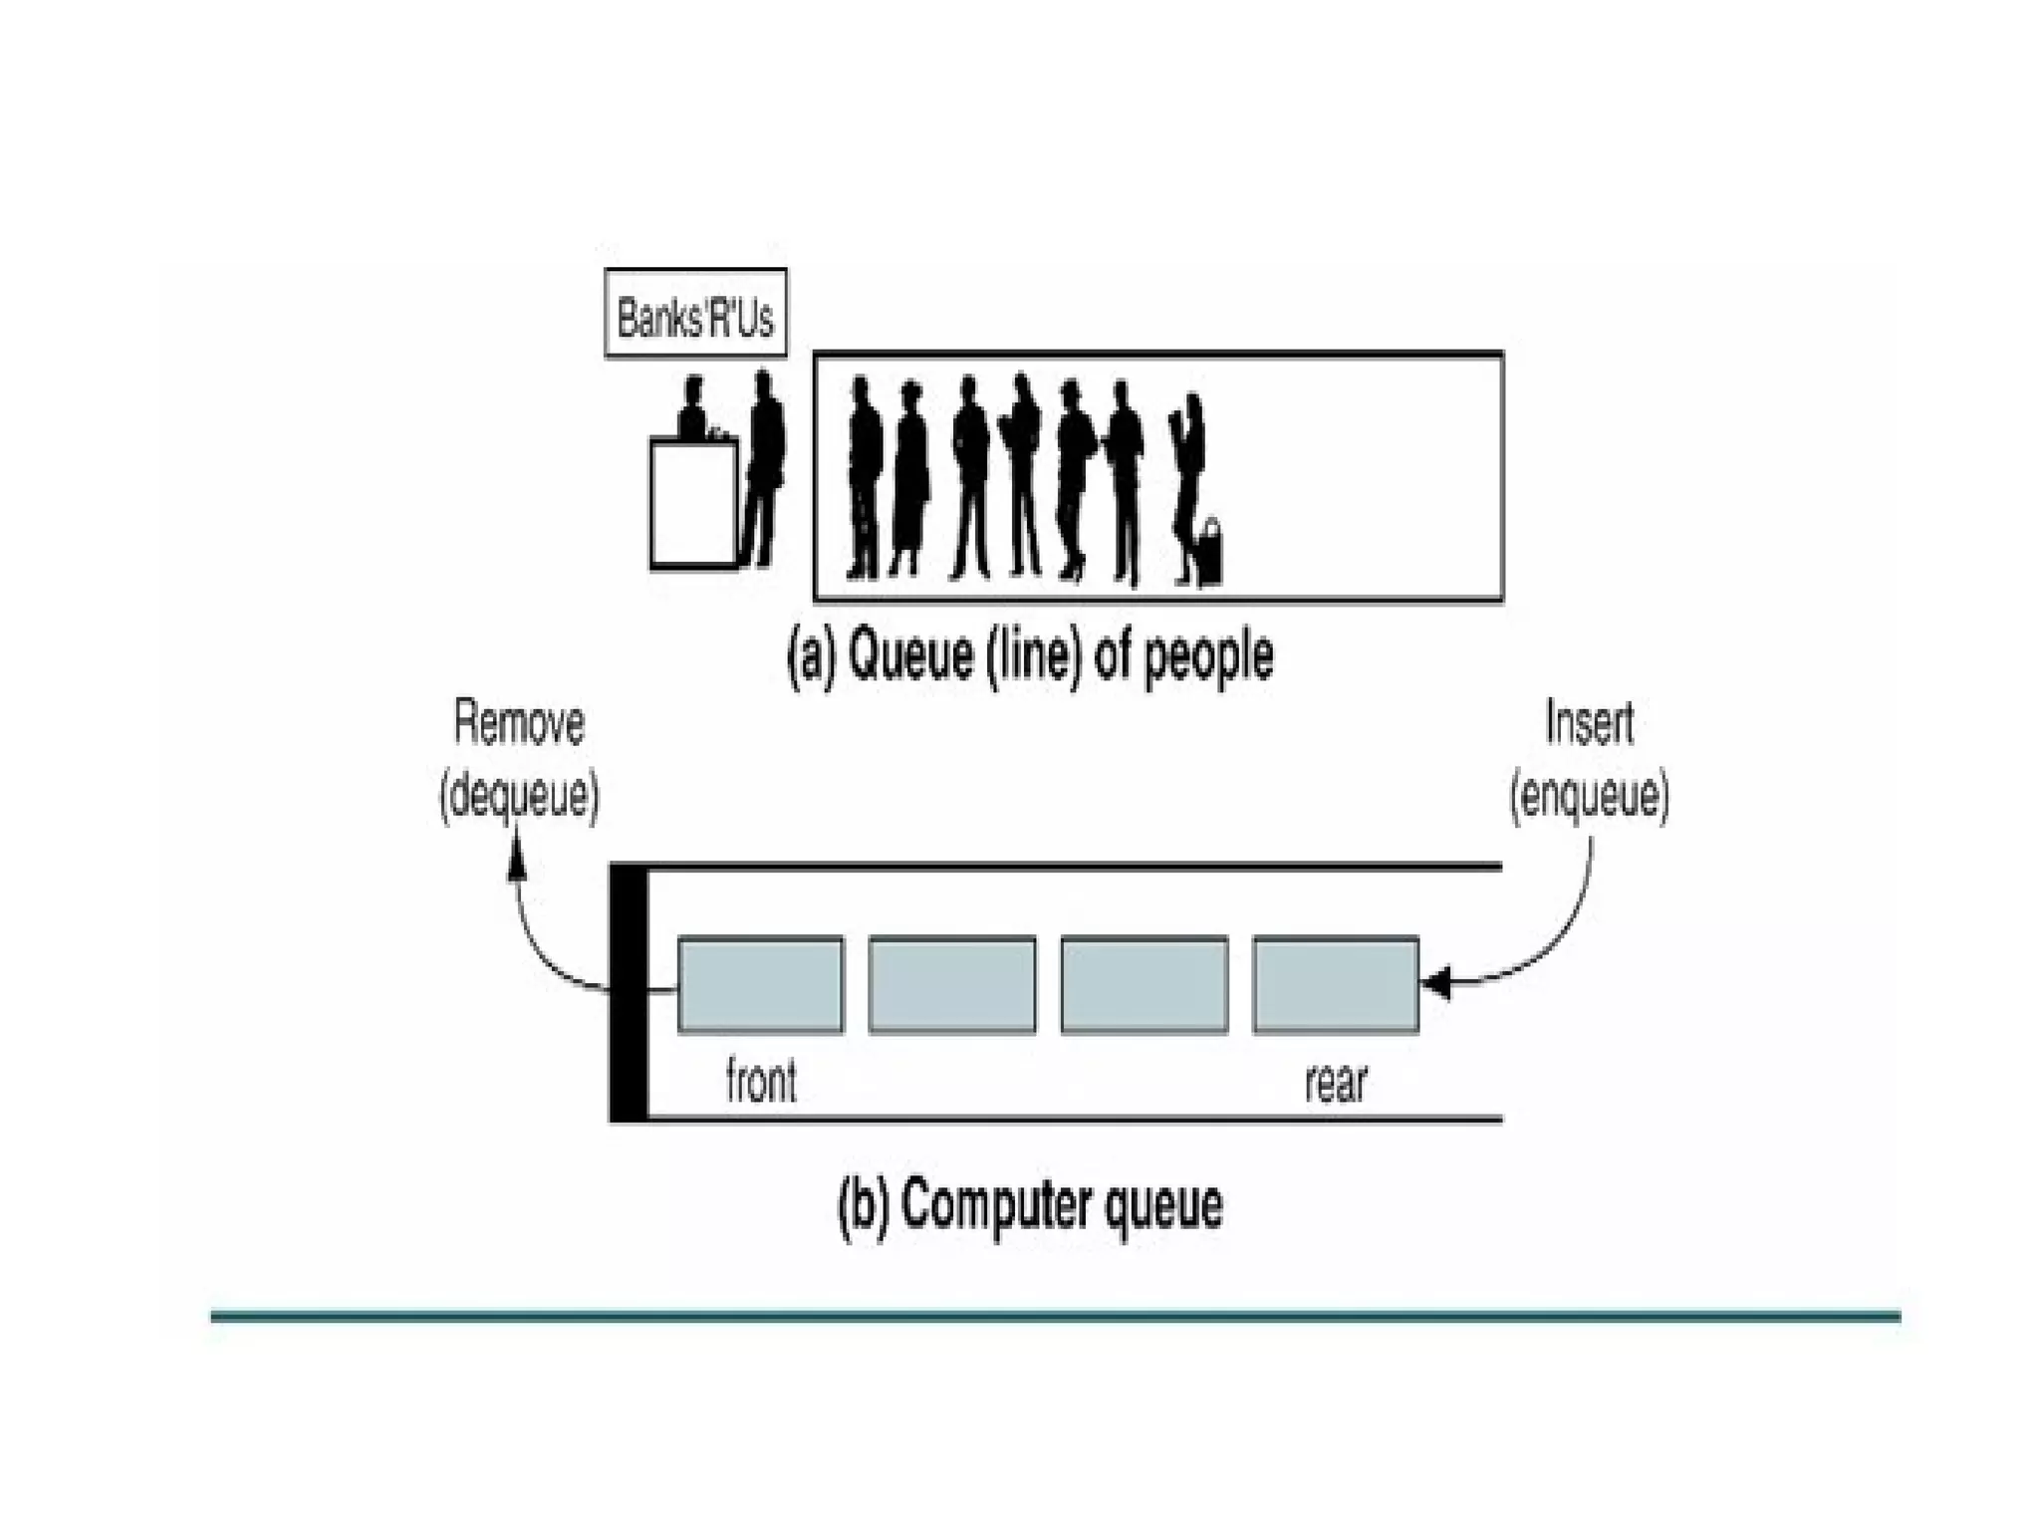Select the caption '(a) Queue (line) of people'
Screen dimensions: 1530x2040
(x=1030, y=657)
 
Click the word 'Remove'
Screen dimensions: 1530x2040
(x=519, y=724)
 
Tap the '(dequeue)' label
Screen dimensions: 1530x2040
(x=519, y=797)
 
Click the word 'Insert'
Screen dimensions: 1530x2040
(x=1589, y=724)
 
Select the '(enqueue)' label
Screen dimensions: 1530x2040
(x=1589, y=797)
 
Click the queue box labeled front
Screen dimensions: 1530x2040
(x=760, y=984)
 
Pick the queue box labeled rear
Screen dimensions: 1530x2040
(x=1335, y=984)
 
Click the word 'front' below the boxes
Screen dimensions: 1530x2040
(x=761, y=1083)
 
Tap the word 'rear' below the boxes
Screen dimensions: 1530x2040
(x=1336, y=1083)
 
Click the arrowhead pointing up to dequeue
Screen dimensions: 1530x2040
(x=517, y=857)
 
